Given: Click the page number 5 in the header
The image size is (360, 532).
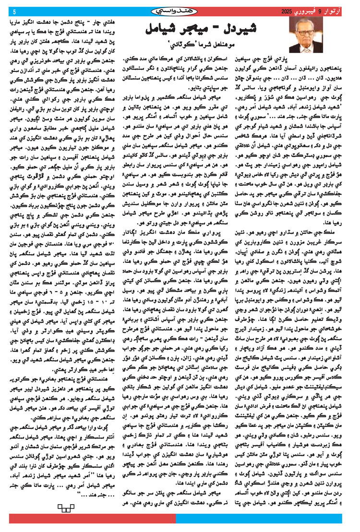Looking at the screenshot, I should pos(14,11).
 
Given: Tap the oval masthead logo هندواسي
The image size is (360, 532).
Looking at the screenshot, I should pos(177,11).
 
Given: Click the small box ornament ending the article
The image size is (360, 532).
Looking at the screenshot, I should pos(63,507).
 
